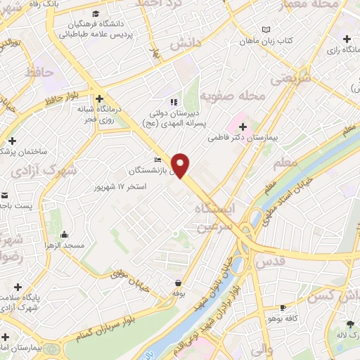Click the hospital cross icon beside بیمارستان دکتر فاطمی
coord(243,127)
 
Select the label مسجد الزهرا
coord(65,245)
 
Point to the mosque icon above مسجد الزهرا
coord(65,235)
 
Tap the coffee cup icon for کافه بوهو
coord(283,307)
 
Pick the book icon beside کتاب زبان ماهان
coord(265,30)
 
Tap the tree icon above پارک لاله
coord(350,323)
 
